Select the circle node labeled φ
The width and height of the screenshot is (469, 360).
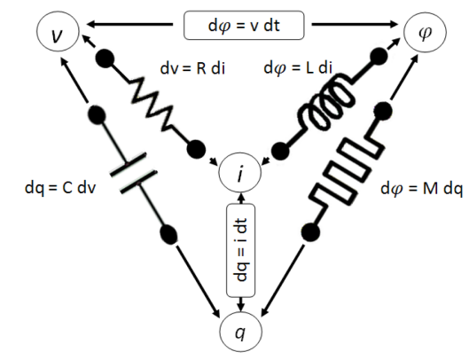pyautogui.click(x=421, y=35)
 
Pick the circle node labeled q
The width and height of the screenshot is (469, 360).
pyautogui.click(x=238, y=335)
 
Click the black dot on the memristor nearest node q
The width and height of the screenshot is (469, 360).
pyautogui.click(x=310, y=232)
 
